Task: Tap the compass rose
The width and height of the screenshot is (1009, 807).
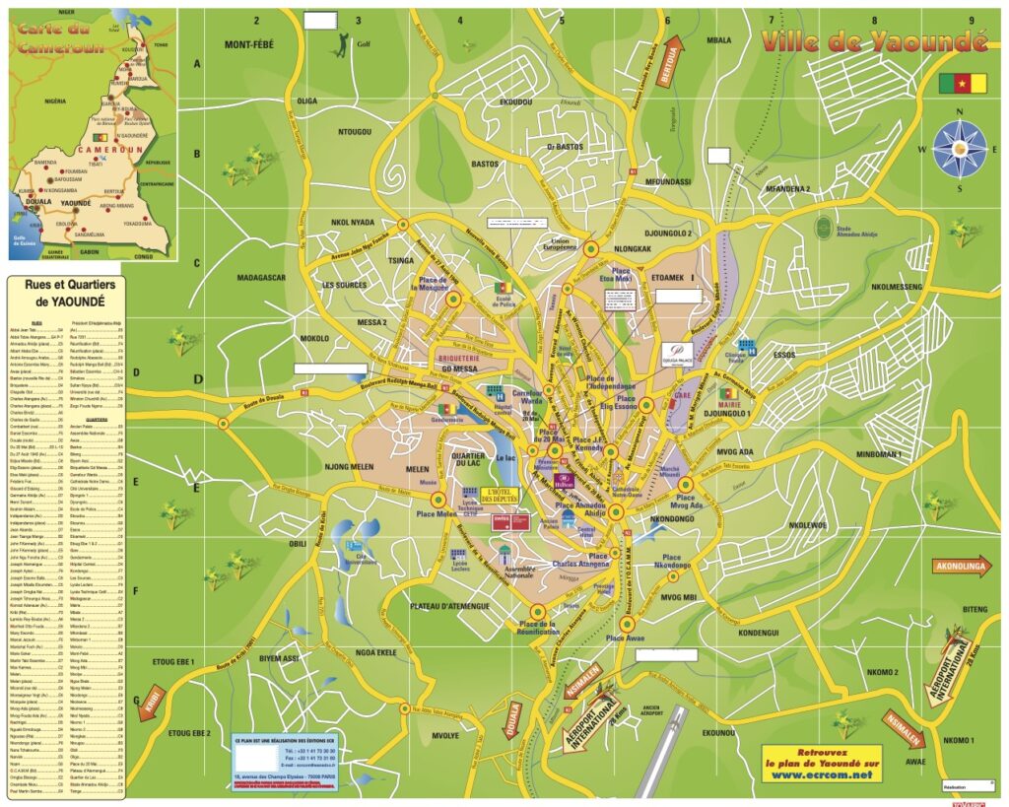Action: coord(960,148)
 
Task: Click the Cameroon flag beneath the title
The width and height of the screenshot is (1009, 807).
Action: coord(962,84)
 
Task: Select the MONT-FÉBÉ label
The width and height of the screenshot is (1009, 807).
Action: coord(249,45)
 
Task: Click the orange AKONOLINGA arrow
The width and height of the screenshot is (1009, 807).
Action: coord(958,568)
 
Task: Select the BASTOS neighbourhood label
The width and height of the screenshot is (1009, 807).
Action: coord(485,165)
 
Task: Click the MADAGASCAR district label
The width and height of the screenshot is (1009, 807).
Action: coord(261,278)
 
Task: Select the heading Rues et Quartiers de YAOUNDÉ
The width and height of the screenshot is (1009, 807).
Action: coord(63,293)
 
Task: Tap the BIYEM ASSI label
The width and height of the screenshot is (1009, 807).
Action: coord(279,658)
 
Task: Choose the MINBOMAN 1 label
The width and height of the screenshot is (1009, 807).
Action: coord(887,454)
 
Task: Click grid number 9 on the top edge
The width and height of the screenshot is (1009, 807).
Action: coord(971,20)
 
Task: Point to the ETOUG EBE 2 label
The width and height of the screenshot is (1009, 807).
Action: coord(189,733)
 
